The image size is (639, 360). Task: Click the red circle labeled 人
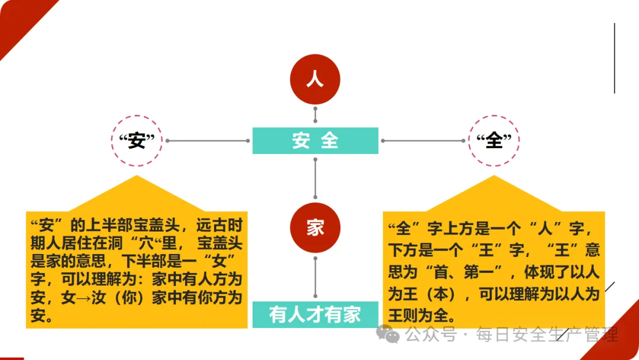pyautogui.click(x=315, y=79)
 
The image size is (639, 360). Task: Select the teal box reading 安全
pyautogui.click(x=315, y=141)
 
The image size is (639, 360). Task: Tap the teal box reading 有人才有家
pyautogui.click(x=315, y=314)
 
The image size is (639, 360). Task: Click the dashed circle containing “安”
pyautogui.click(x=137, y=141)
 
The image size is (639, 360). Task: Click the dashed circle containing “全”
pyautogui.click(x=493, y=141)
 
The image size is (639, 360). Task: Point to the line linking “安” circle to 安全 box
pyautogui.click(x=207, y=141)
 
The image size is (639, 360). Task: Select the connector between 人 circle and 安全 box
pyautogui.click(x=315, y=117)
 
